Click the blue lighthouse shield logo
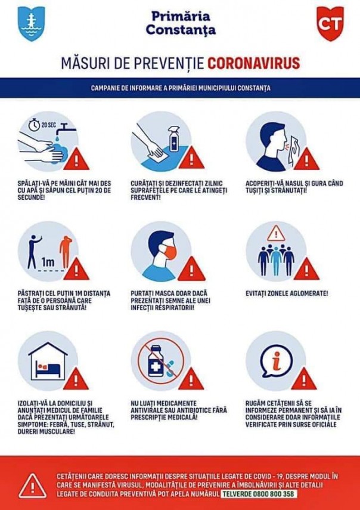[31, 24]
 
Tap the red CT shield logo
[330, 23]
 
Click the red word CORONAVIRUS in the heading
[254, 63]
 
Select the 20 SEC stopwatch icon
[34, 125]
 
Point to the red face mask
[167, 252]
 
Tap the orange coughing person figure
[66, 252]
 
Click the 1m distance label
[48, 261]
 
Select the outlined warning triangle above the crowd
[276, 233]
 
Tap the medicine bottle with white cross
[156, 361]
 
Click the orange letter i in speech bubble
[277, 360]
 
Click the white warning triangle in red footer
[33, 486]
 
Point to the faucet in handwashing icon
[66, 129]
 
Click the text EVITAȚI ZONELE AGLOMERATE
[287, 293]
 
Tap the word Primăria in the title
[181, 16]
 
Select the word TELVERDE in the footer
[234, 494]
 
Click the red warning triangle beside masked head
[191, 269]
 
